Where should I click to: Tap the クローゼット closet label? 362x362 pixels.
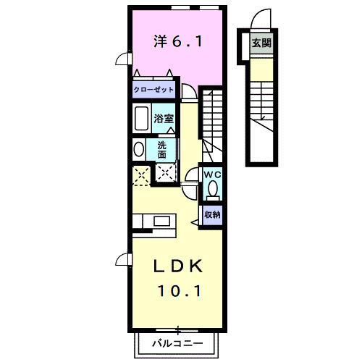(153, 90)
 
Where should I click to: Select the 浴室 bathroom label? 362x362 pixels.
(162, 118)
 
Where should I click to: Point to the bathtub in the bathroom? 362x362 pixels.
(141, 118)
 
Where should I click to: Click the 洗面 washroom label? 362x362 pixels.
(162, 149)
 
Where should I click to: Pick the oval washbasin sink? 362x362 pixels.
(138, 149)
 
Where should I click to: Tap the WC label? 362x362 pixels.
(211, 174)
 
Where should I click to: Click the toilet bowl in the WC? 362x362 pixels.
(211, 190)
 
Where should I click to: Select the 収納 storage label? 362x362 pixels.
(211, 214)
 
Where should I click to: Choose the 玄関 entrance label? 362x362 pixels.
(261, 43)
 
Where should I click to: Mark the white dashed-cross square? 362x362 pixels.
(167, 172)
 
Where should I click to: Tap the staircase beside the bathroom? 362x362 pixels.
(211, 119)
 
